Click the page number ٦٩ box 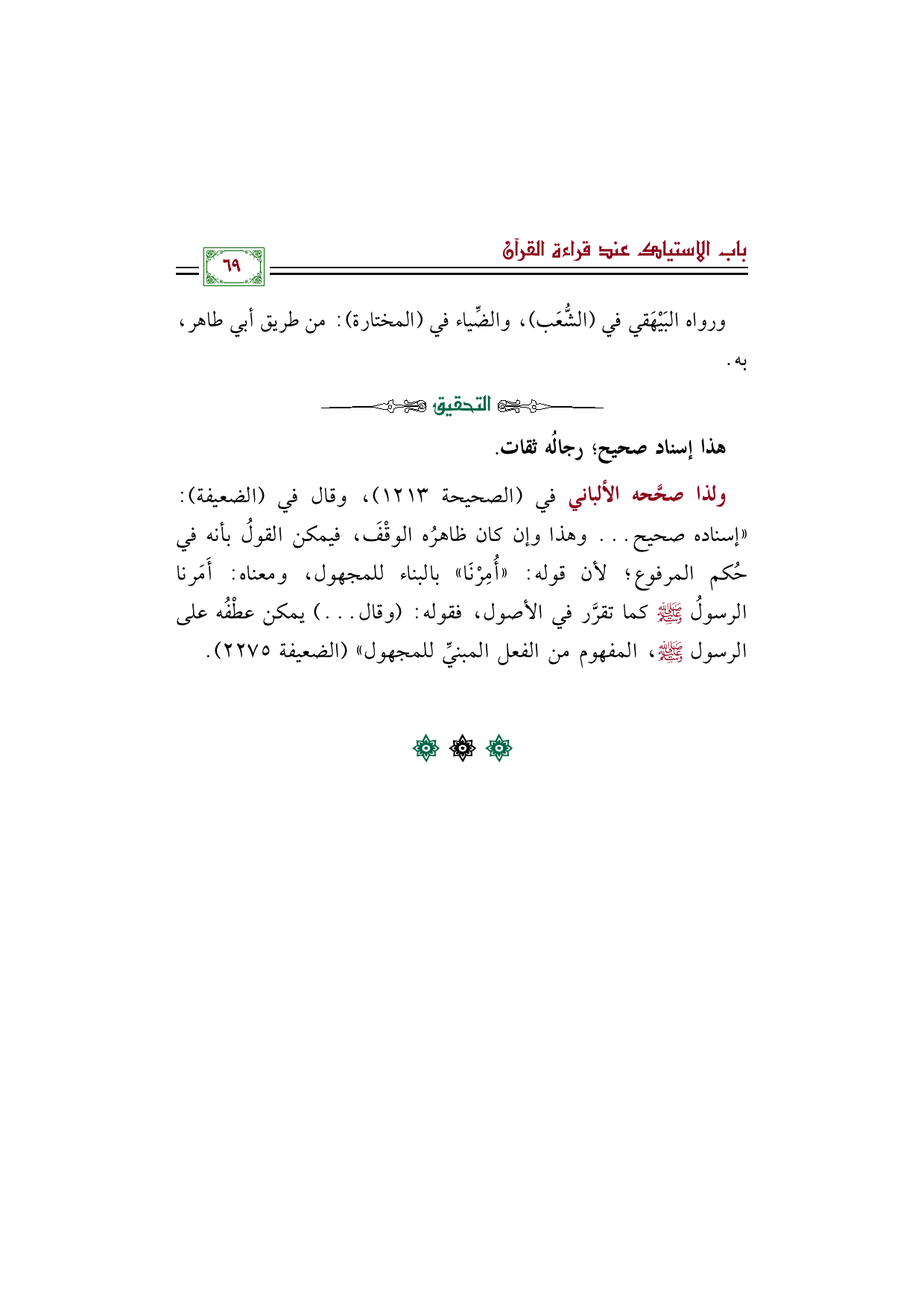(234, 267)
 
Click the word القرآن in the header (522, 250)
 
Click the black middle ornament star (462, 748)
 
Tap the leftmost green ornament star (425, 748)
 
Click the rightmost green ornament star (499, 748)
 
